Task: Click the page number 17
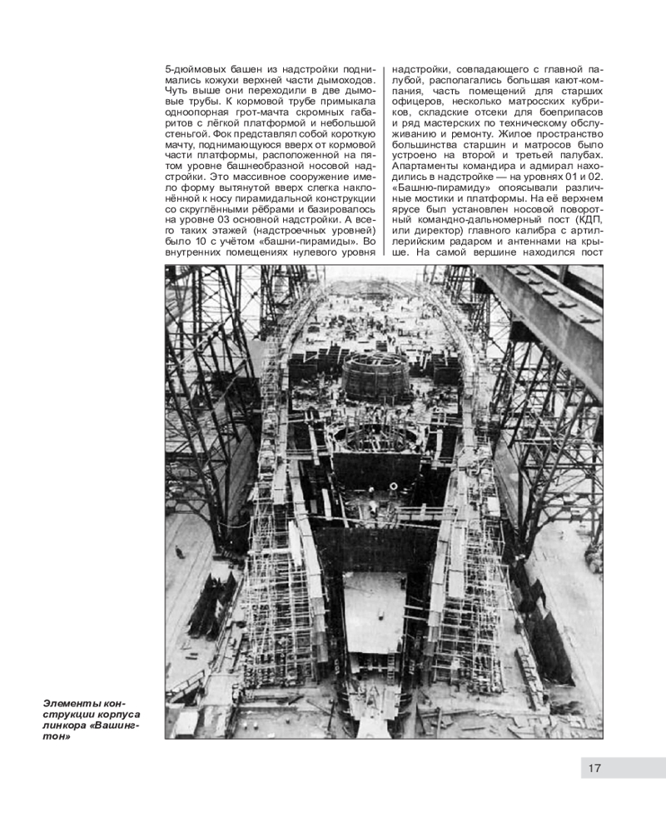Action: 594,768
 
